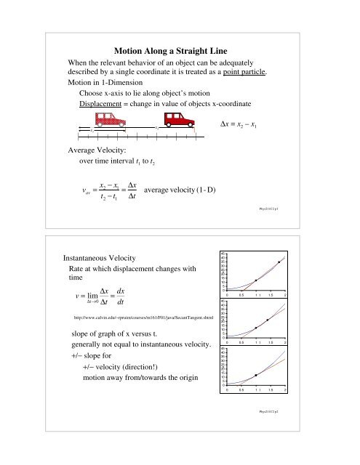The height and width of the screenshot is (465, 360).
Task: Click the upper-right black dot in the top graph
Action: [279, 262]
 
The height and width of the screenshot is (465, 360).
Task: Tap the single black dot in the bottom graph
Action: [255, 375]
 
